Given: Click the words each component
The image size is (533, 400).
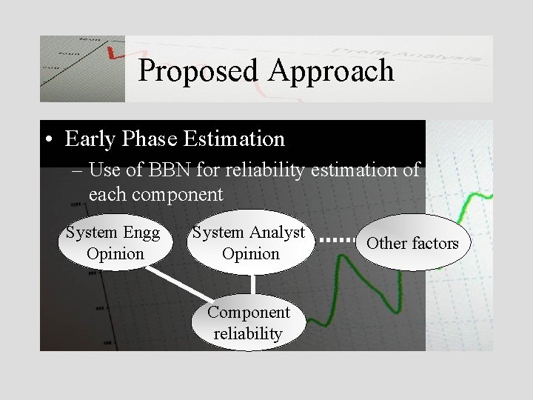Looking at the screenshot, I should pos(155,195).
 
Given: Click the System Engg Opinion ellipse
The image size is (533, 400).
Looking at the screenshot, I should pos(114,243).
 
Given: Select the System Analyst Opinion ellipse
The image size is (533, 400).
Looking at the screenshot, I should pos(250,243).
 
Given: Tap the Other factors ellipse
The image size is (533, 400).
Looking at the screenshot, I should pos(412,243).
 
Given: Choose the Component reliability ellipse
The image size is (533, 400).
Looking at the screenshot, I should pos(248,323).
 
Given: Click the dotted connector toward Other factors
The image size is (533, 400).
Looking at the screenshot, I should pos(341,241).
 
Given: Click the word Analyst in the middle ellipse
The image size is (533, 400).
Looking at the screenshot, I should pos(277,233).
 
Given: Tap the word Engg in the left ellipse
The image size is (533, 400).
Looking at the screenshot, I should pos(143,233).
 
